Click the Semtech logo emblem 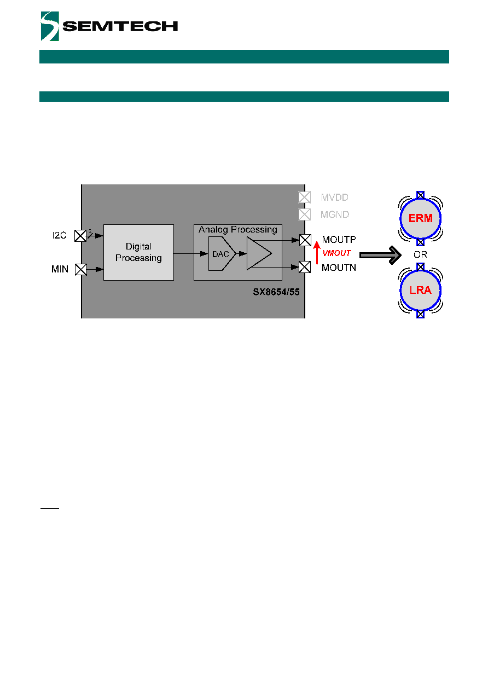[x=50, y=26]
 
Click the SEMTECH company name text [x=120, y=26]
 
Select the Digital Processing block [x=138, y=252]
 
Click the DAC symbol [x=222, y=253]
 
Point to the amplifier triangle [x=259, y=253]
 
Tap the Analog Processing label [x=238, y=229]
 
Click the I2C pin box [x=80, y=236]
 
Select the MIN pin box [x=81, y=269]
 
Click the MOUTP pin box [x=305, y=240]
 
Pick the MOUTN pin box [x=305, y=267]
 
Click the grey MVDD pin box [x=305, y=197]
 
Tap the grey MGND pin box [x=305, y=214]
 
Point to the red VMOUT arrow [x=317, y=253]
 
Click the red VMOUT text [x=336, y=253]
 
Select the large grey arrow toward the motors [x=380, y=255]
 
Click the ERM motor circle [x=421, y=218]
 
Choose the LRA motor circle [x=421, y=291]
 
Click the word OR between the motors [x=421, y=254]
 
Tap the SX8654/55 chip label [x=276, y=292]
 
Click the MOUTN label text [x=339, y=268]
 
